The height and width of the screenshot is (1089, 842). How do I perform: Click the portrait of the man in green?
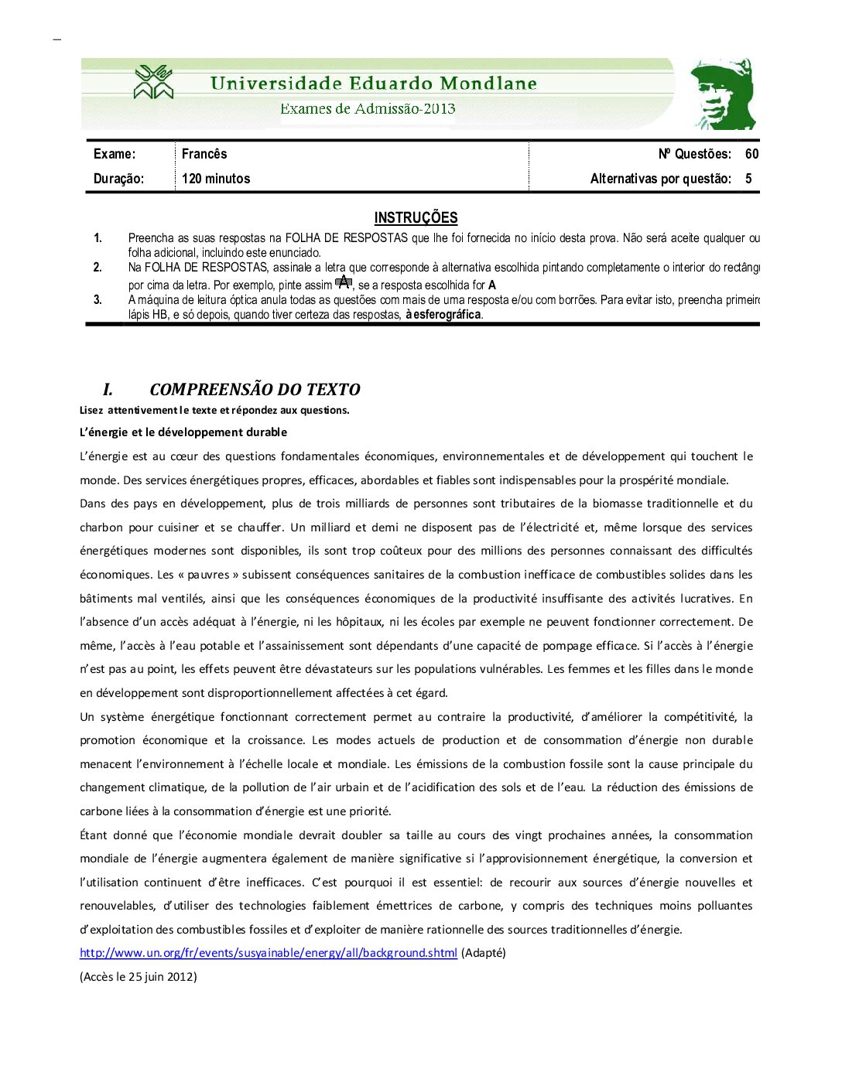pos(723,94)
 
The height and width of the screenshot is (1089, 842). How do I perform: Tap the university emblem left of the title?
pos(153,82)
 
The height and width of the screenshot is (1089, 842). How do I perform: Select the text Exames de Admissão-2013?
pos(368,109)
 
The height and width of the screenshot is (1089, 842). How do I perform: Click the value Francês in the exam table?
pos(204,154)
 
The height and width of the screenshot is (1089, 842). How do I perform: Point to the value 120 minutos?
pos(216,179)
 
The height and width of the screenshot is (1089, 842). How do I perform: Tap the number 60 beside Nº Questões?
pos(751,154)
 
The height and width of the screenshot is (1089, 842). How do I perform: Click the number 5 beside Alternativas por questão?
pos(748,179)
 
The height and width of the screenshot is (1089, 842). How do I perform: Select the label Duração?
pos(118,179)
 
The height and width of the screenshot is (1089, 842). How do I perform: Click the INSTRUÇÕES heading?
pos(416,218)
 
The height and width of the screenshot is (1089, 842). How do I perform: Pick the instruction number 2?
pos(98,268)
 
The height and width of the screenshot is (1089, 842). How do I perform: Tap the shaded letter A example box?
pos(344,282)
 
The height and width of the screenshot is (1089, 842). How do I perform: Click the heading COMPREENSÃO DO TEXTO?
pos(255,390)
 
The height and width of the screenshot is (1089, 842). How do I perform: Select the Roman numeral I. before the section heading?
pos(108,390)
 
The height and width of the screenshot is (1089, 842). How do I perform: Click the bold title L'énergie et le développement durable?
pos(183,432)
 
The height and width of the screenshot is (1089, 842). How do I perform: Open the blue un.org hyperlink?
pos(268,953)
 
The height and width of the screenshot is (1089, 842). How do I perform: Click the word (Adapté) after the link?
pos(484,953)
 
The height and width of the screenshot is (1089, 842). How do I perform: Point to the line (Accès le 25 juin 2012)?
pos(139,977)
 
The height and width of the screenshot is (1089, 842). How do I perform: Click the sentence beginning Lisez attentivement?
pos(214,410)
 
